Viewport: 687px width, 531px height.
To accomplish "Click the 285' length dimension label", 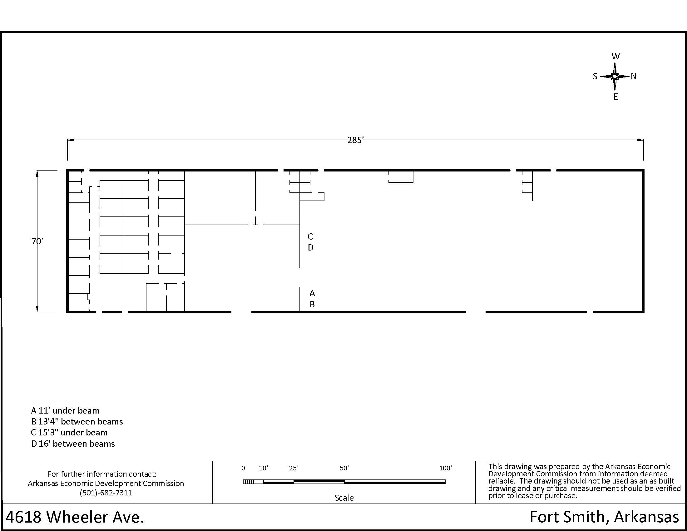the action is pyautogui.click(x=355, y=140).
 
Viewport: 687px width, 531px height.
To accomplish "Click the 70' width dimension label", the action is pyautogui.click(x=37, y=241).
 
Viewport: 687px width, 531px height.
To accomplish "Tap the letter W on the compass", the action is pyautogui.click(x=615, y=57).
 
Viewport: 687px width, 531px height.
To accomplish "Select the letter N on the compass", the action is pyautogui.click(x=634, y=77).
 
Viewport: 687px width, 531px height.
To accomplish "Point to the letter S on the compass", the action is pyautogui.click(x=595, y=77).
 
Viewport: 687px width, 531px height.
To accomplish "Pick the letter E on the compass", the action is pyautogui.click(x=615, y=97).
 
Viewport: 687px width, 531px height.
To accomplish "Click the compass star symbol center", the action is pyautogui.click(x=615, y=77).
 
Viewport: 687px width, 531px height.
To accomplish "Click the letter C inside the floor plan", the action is pyautogui.click(x=310, y=236).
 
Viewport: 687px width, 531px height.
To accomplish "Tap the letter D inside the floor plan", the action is pyautogui.click(x=310, y=248).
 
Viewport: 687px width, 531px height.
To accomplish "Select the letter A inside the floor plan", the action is pyautogui.click(x=312, y=293).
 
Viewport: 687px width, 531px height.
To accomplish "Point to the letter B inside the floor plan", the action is pyautogui.click(x=312, y=305).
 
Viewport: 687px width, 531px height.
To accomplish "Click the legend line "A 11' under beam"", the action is pyautogui.click(x=65, y=411).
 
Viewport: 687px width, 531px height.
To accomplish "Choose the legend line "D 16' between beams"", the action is pyautogui.click(x=73, y=444).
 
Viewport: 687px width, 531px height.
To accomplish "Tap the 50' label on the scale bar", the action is pyautogui.click(x=344, y=469).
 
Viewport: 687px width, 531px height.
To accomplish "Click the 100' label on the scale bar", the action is pyautogui.click(x=445, y=469).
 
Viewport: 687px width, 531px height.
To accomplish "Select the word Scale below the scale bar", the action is pyautogui.click(x=344, y=498).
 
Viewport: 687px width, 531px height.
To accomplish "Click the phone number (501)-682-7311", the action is pyautogui.click(x=106, y=493).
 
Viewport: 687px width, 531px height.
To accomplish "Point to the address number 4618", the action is pyautogui.click(x=24, y=518).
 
